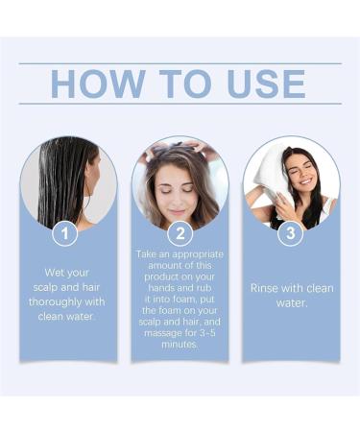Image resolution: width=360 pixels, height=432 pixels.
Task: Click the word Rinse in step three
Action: coord(266,287)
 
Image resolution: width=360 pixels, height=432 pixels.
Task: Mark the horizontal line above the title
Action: coord(180,64)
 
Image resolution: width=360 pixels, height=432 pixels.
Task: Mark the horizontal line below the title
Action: coord(180,104)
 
